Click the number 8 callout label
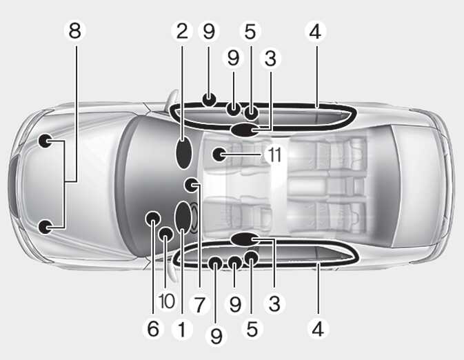(x=75, y=30)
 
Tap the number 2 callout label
(x=182, y=31)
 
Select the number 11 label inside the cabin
(x=274, y=154)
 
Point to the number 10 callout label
(x=167, y=301)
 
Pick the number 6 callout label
(x=153, y=328)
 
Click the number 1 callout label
(x=182, y=329)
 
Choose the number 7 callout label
(x=200, y=305)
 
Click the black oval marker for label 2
(x=184, y=153)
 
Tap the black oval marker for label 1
(x=183, y=218)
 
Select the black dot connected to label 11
(x=220, y=154)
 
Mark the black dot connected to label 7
(x=191, y=185)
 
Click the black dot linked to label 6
(x=153, y=219)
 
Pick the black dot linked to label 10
(x=165, y=234)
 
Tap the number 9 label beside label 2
(x=209, y=31)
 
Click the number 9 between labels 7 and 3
(x=235, y=304)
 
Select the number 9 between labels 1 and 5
(x=216, y=336)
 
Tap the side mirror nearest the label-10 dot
(x=172, y=270)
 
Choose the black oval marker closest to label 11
(x=245, y=130)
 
